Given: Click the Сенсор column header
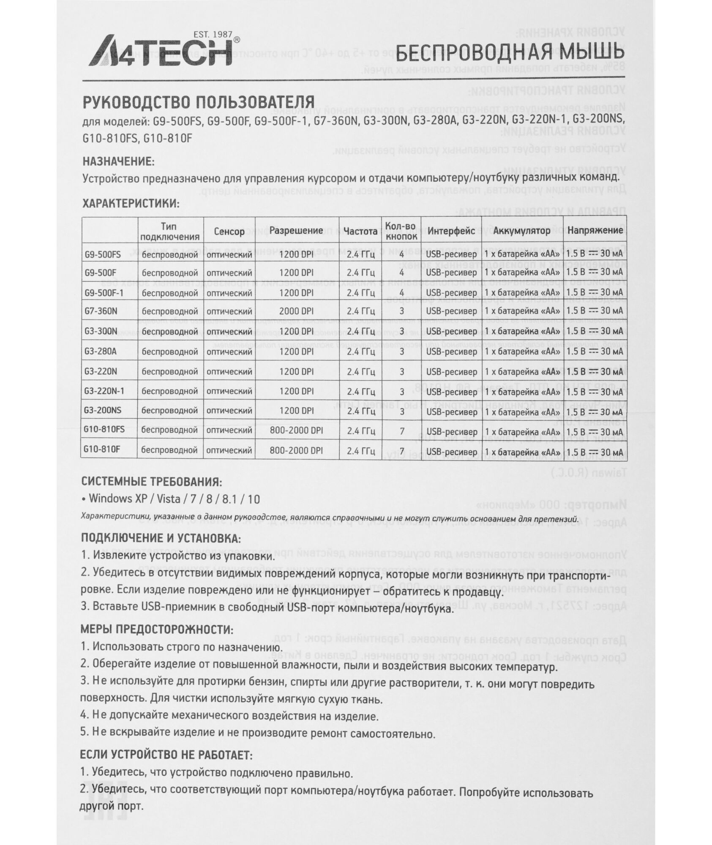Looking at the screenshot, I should tap(229, 231).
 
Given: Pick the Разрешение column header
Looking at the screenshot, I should tap(296, 231).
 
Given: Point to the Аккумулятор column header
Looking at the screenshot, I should tap(522, 231).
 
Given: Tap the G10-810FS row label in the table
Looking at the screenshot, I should tap(104, 430).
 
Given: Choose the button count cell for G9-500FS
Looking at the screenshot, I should tap(401, 254).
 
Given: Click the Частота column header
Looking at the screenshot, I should tap(360, 231).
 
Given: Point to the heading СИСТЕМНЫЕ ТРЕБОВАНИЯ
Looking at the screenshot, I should tap(151, 482).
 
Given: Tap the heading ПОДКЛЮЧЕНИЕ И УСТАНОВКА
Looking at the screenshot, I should tap(161, 538).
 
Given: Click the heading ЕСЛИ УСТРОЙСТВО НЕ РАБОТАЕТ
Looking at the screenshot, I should tap(166, 755).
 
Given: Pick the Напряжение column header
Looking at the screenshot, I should tap(595, 231).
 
